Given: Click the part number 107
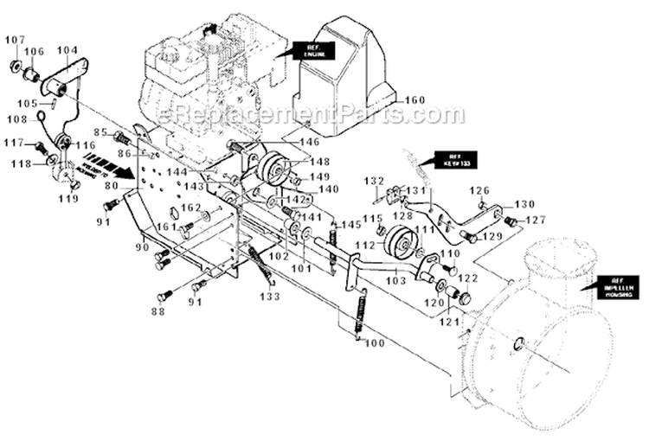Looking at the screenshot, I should point(16,40).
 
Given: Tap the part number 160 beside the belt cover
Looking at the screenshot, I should point(414,101).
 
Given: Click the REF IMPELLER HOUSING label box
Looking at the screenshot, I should point(615,288).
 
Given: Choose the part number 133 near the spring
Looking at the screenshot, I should point(270,297).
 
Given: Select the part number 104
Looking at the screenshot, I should point(67,51).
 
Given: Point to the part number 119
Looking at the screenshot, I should point(68,198).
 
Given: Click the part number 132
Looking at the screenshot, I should point(373,182).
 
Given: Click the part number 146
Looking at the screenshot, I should point(309,142).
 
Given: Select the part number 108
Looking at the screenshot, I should point(18,120).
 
